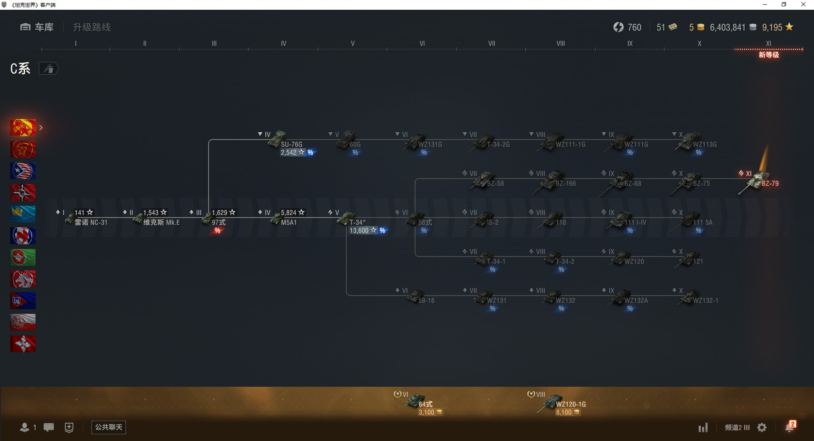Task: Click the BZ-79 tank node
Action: point(759,182)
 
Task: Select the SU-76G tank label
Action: point(292,145)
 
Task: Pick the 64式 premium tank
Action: point(425,405)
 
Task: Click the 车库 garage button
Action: point(37,27)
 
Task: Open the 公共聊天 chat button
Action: point(109,427)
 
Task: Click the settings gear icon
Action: point(762,427)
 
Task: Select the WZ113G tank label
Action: point(705,145)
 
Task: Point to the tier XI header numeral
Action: point(768,43)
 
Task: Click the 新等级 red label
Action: point(769,55)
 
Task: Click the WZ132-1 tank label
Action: point(705,301)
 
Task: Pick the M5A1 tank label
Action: point(289,223)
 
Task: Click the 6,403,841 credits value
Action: point(728,28)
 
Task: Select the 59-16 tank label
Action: point(426,301)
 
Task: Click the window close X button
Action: point(803,5)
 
